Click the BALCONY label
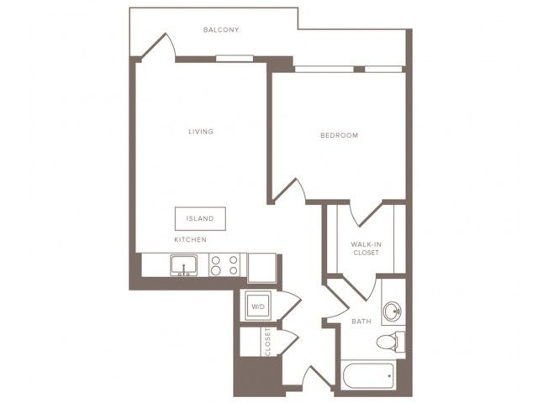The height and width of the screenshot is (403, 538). [x=221, y=30]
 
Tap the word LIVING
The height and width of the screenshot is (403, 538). [x=201, y=131]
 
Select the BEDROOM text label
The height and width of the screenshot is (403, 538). [x=340, y=135]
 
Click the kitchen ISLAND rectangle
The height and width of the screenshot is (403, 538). [x=200, y=218]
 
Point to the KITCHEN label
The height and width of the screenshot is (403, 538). [x=191, y=239]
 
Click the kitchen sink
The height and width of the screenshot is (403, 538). [x=184, y=265]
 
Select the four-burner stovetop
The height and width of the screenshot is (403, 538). [x=224, y=265]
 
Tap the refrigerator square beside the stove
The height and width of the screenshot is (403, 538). [x=261, y=268]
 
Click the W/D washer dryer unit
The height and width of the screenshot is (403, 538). [x=258, y=306]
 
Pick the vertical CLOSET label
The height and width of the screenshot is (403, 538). [x=268, y=342]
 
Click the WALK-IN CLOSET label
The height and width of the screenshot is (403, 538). [x=367, y=249]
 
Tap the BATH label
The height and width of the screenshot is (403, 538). [x=361, y=322]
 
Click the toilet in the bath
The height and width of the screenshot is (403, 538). [x=390, y=342]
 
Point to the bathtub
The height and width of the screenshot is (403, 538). [x=368, y=376]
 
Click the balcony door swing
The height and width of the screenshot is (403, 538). [x=159, y=46]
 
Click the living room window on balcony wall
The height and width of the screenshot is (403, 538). [x=235, y=59]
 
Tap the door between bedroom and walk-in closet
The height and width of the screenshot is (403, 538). [x=366, y=214]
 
